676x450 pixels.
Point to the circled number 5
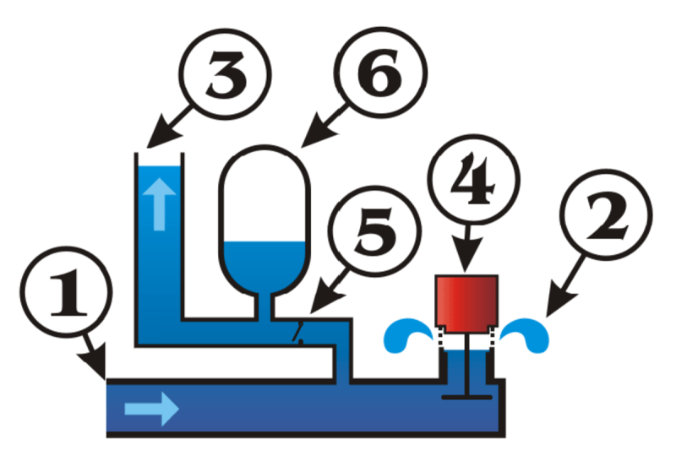[x=372, y=234]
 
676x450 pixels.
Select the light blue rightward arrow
[x=151, y=410]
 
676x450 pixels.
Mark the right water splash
[x=526, y=333]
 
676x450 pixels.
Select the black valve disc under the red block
[x=466, y=394]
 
